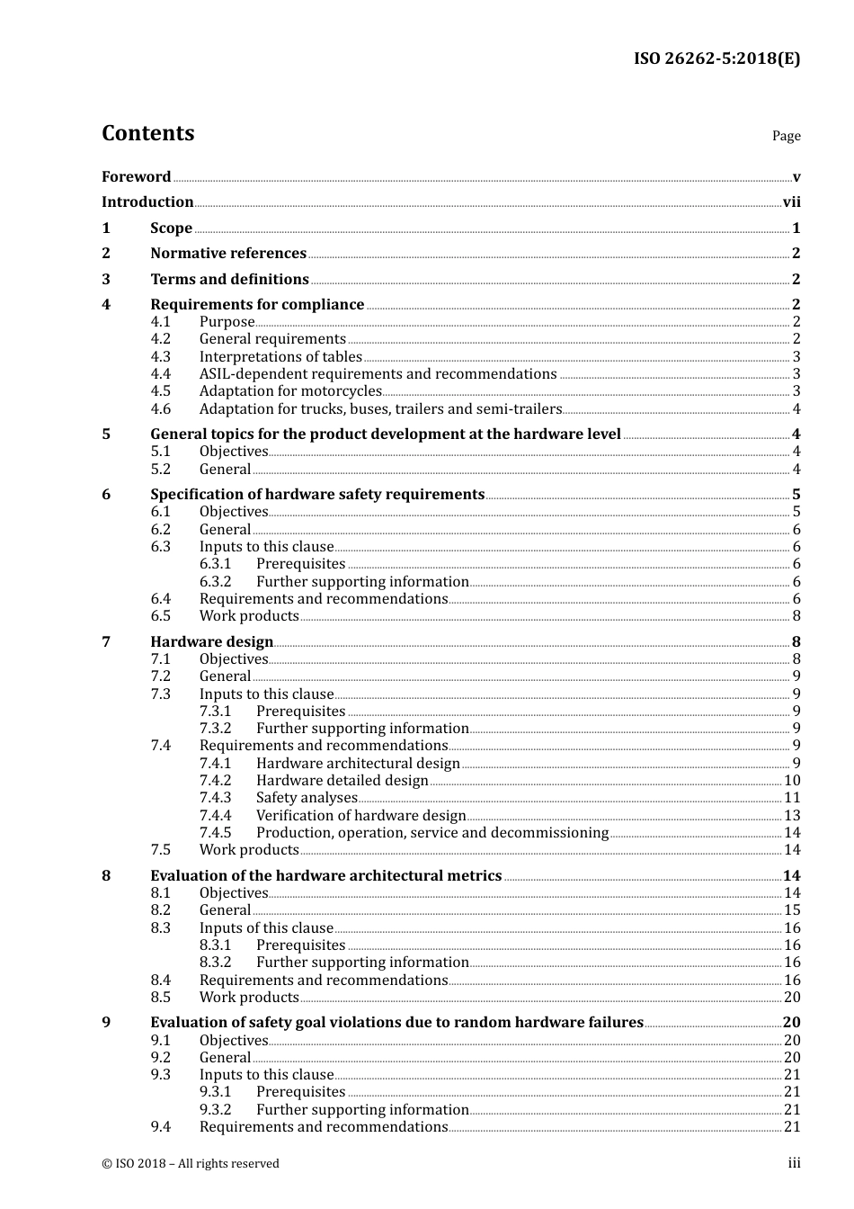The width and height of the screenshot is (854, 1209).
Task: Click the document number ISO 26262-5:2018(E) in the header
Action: pos(716,59)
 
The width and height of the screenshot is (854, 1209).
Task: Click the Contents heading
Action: pos(147,133)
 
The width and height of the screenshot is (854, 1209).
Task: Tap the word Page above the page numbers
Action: pos(786,136)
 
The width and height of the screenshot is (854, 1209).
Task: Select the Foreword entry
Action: pos(136,177)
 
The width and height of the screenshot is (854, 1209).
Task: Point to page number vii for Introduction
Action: pos(791,202)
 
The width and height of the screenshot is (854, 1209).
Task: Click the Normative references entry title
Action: pos(228,254)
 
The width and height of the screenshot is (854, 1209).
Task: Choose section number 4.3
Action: pos(160,357)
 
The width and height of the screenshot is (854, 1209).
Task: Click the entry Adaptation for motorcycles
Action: pos(290,391)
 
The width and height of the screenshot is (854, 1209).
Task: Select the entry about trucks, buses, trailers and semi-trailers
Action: pos(380,409)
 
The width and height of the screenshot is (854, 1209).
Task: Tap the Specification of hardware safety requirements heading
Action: pos(317,495)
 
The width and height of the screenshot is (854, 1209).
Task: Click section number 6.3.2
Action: pos(215,582)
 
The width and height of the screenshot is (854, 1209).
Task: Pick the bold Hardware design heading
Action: pos(211,642)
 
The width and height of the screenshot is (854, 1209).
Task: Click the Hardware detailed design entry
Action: pos(342,781)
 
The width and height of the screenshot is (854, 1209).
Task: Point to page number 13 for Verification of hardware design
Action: pos(792,816)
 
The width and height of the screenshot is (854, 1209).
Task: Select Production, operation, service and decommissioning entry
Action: pos(431,833)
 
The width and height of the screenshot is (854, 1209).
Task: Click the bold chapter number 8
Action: pos(107,876)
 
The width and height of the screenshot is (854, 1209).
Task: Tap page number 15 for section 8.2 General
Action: pos(792,910)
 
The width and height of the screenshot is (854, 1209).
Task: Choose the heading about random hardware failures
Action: pos(396,1023)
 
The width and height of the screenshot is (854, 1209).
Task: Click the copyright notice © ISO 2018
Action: pos(191,1164)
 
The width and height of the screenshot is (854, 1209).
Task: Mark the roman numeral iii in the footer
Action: pos(794,1164)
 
